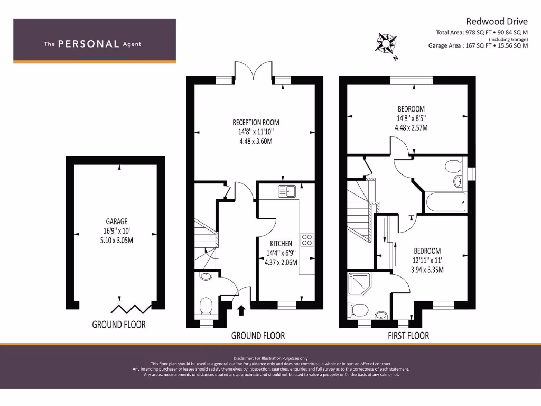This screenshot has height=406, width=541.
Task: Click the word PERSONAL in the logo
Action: point(88,44)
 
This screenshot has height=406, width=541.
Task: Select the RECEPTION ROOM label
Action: point(256,123)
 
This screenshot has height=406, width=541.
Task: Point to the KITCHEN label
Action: point(281,243)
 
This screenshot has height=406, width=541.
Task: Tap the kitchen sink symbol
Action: point(287,190)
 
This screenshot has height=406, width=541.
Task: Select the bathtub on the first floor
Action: point(445,201)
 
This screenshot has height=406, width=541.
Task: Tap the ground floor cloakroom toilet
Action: point(207,305)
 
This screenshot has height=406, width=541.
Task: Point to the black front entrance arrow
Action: point(241,310)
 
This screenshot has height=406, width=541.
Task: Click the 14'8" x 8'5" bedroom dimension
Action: point(412,118)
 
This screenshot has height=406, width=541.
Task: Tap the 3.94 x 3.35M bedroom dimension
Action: point(427,270)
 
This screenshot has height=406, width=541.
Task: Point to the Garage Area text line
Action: point(478,45)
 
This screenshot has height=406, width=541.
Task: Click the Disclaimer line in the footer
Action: point(270,358)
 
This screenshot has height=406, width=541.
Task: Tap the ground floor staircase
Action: point(205,238)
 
